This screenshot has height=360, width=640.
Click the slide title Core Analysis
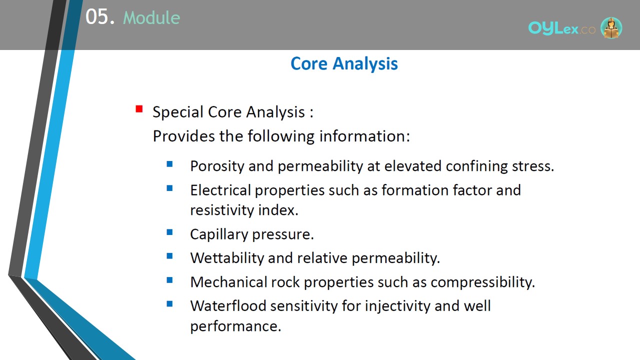click(344, 63)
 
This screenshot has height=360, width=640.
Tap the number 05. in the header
click(100, 17)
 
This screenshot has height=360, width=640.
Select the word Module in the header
click(151, 17)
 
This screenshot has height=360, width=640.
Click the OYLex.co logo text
click(561, 28)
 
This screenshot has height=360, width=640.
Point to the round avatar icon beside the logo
click(611, 27)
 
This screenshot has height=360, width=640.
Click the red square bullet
click(139, 109)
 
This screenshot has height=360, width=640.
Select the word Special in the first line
click(178, 112)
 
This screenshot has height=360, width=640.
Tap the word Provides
click(183, 136)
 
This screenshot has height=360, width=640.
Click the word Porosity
click(217, 166)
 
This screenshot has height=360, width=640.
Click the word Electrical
click(220, 190)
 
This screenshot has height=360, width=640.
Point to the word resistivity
click(222, 210)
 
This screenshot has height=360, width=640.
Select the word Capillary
click(219, 235)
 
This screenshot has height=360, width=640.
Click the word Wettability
click(227, 258)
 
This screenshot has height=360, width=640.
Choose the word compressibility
click(482, 283)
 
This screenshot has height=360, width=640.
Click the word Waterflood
click(228, 306)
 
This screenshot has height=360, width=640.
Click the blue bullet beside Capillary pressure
click(169, 232)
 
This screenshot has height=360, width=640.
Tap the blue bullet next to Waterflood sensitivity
click(169, 303)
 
